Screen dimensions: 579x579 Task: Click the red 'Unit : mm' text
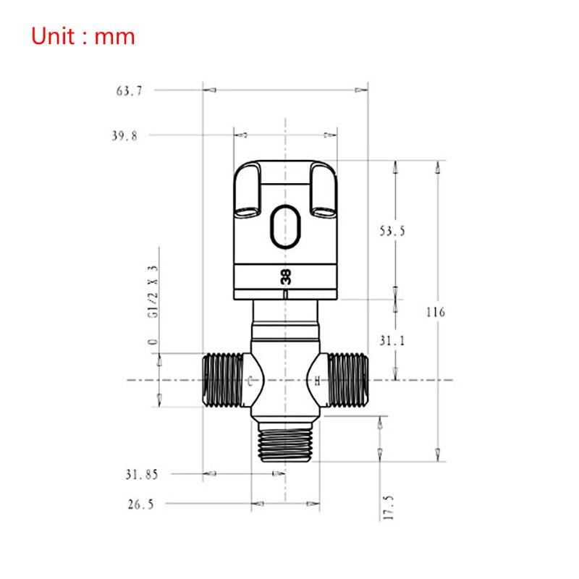(83, 35)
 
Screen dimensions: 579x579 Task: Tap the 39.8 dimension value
(125, 135)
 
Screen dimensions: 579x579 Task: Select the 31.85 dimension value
(141, 474)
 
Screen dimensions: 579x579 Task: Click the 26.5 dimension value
(140, 504)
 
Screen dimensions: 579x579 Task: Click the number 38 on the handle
(286, 276)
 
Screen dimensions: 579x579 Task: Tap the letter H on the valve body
(317, 381)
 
